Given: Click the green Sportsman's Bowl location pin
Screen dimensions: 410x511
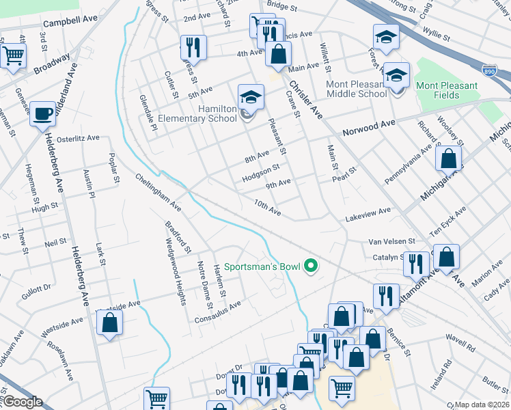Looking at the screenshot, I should [312, 266].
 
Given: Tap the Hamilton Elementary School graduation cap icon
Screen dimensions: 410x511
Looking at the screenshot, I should [251, 96].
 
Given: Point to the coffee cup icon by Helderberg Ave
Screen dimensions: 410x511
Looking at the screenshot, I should [42, 113].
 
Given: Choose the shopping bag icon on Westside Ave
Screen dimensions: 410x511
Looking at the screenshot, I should [109, 323].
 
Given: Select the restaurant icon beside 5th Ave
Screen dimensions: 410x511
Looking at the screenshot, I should [193, 47].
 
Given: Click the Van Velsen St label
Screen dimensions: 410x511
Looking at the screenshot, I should [392, 241].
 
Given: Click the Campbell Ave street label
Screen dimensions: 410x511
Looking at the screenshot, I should [72, 23].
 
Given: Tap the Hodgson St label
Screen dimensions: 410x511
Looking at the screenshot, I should [261, 172].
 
